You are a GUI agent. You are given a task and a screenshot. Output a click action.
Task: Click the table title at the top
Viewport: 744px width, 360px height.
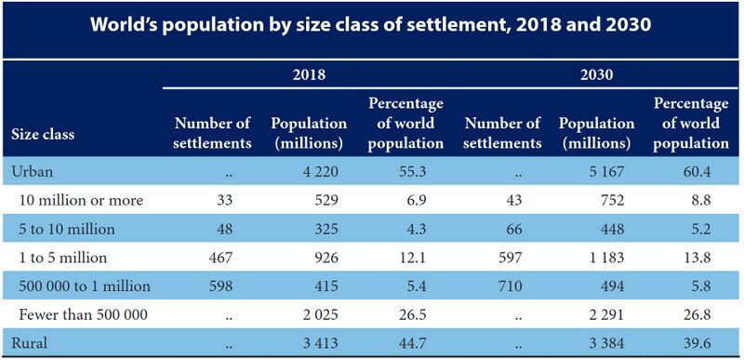(372, 25)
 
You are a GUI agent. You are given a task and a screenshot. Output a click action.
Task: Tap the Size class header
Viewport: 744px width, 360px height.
(43, 133)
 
